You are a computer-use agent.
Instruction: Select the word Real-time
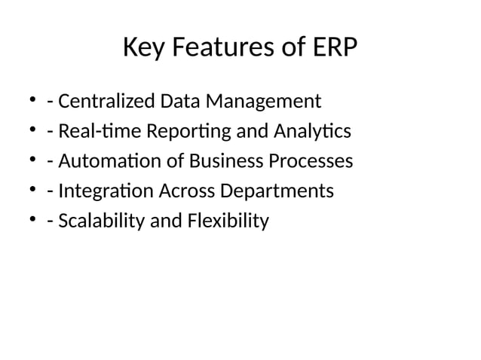[88, 131]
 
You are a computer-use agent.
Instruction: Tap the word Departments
[276, 191]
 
